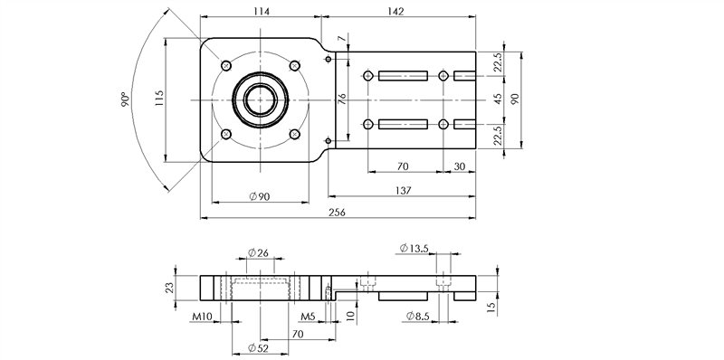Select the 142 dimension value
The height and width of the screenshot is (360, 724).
(395, 10)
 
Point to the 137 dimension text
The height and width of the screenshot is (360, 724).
(404, 190)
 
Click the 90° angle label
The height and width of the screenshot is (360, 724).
(126, 99)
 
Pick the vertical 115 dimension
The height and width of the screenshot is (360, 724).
(158, 98)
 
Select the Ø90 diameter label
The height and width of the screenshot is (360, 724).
(259, 197)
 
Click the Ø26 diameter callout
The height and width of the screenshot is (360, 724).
(259, 253)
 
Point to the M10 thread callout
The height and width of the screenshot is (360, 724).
(203, 318)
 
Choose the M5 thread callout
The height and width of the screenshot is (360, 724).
(309, 318)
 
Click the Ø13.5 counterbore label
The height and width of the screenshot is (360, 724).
(413, 248)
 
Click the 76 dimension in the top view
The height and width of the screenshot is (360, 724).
(342, 99)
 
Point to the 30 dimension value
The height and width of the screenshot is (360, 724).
(460, 166)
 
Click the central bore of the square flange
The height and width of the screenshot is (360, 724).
(260, 99)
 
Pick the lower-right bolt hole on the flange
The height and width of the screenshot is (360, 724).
(294, 134)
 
